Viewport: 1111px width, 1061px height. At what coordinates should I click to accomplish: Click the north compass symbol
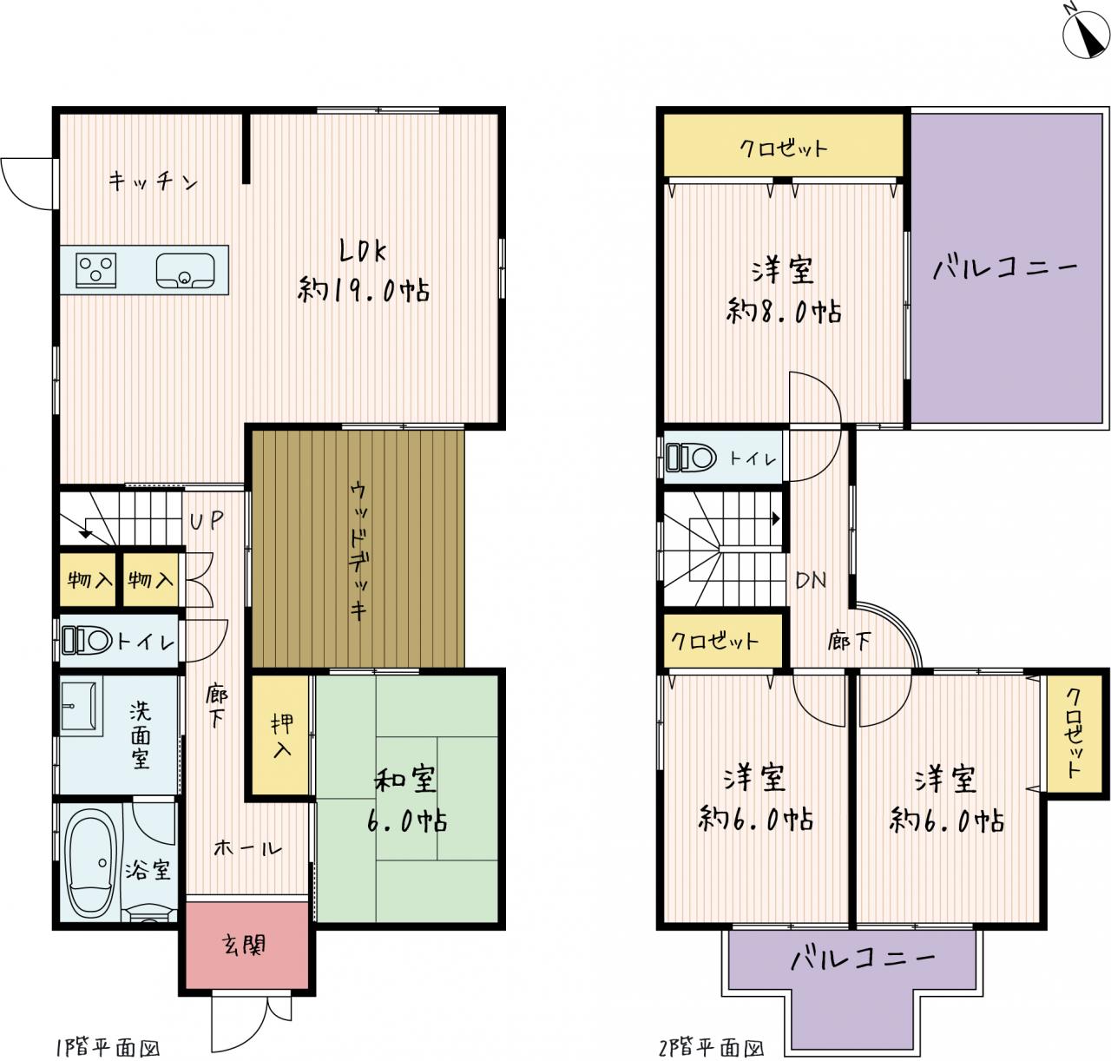tap(1086, 34)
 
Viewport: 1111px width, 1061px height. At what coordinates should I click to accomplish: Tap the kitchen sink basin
tap(185, 271)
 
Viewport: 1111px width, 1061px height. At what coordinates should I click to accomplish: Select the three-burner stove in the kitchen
tap(96, 269)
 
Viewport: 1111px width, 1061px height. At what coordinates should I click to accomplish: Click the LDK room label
tap(363, 252)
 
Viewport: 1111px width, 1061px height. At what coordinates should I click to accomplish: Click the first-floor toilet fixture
tap(87, 640)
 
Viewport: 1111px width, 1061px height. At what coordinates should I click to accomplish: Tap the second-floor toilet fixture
tap(691, 458)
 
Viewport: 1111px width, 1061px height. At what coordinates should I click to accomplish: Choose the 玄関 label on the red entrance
tap(243, 945)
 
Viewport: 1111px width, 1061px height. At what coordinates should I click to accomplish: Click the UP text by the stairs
tap(206, 520)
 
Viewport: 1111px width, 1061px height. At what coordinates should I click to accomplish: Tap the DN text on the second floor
tap(811, 580)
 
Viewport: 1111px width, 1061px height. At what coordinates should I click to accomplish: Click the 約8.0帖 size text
tap(783, 312)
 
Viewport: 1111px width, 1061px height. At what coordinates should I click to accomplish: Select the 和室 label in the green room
tap(405, 779)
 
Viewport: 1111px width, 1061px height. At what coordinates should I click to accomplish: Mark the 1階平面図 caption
tap(108, 1048)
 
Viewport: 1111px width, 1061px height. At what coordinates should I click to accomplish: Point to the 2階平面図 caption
tap(712, 1048)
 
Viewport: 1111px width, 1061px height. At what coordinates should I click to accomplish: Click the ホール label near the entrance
tap(247, 848)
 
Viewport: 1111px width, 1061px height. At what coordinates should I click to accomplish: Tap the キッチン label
tap(153, 181)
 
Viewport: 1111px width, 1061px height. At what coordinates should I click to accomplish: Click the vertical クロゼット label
tap(1074, 734)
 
